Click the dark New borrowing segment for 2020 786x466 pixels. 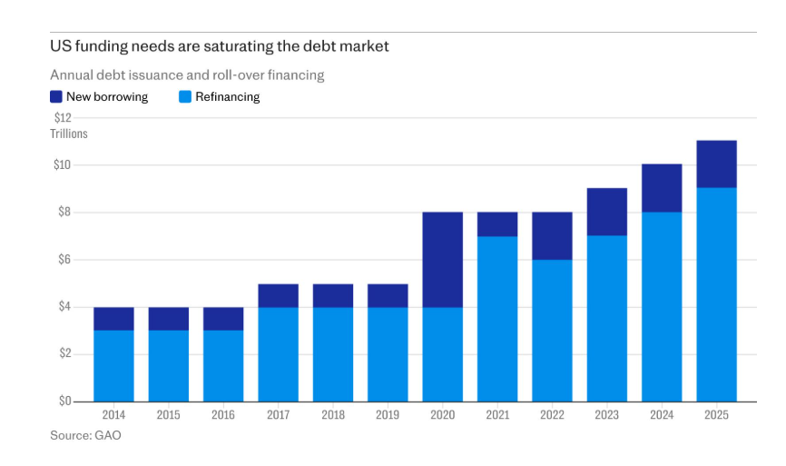tap(442, 260)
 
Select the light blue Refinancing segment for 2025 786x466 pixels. tap(716, 295)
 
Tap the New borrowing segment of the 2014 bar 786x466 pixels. tap(113, 319)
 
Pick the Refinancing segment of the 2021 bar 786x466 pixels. tap(497, 319)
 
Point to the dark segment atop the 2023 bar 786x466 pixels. tap(607, 213)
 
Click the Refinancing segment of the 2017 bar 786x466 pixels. tap(279, 354)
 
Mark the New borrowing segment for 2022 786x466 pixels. tap(552, 236)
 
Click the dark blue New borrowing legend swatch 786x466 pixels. tap(56, 96)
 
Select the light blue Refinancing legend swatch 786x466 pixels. tap(185, 96)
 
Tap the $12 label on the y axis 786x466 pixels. tap(64, 118)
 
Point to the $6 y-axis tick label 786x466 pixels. tap(64, 259)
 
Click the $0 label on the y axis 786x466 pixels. tap(64, 402)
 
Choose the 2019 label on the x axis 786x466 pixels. tap(388, 415)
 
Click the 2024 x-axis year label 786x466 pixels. tap(662, 415)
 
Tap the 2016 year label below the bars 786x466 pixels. tap(223, 415)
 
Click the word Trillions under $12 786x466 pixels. tap(69, 134)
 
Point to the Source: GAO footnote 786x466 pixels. tap(85, 435)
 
